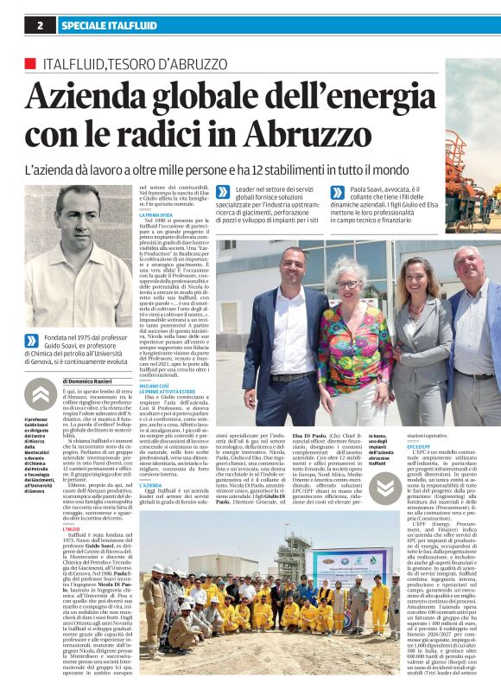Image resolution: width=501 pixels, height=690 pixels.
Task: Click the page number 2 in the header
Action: pos(40,26)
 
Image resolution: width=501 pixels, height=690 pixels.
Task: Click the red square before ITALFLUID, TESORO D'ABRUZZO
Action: pos(30,64)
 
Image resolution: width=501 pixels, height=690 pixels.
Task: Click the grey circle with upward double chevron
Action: pos(40,396)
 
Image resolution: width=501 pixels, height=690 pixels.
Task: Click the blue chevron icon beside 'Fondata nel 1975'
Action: pos(33,342)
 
